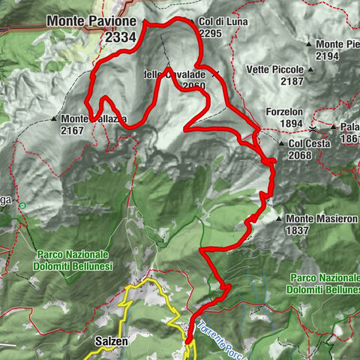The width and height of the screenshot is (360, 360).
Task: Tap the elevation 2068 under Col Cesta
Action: (298, 155)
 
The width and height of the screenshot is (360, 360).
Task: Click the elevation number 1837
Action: (298, 231)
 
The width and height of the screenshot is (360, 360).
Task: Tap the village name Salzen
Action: (111, 340)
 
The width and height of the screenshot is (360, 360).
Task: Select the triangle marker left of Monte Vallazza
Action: (55, 118)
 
